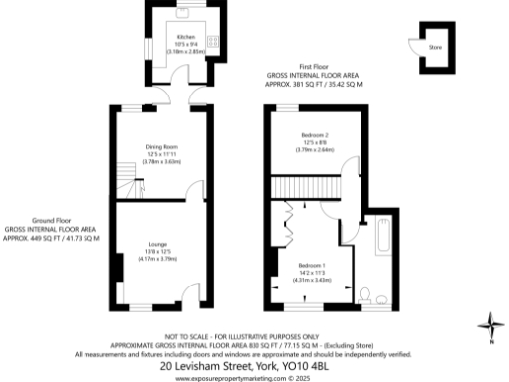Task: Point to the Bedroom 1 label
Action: point(314,266)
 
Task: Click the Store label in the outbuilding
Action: point(435,46)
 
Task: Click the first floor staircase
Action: point(307,185)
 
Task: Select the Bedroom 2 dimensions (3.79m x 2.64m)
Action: point(315,150)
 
